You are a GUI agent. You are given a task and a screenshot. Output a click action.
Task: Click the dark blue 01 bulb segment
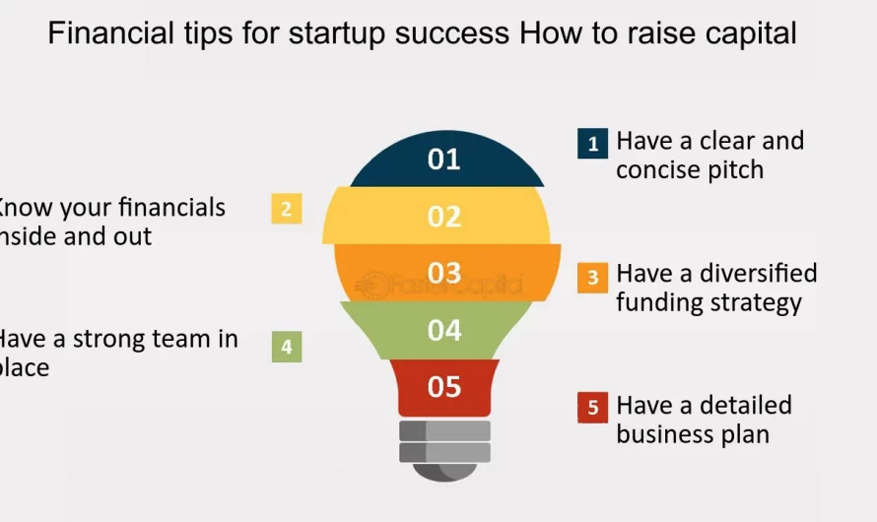point(444,160)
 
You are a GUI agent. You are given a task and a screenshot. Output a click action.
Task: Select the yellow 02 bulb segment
point(444,216)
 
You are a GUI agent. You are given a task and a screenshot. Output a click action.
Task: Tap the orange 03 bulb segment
point(444,272)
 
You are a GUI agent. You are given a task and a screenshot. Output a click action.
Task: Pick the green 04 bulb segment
point(444,330)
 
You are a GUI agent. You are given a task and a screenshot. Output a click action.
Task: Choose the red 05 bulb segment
point(444,387)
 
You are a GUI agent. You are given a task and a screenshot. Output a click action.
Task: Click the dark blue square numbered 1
point(592,144)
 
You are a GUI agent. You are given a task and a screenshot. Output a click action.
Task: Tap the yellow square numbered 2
point(286,209)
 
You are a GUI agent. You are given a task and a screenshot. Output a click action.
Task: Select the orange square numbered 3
point(592,278)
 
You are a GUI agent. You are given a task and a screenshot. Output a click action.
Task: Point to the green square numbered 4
point(286,347)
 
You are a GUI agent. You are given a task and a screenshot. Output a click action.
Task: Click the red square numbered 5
point(592,408)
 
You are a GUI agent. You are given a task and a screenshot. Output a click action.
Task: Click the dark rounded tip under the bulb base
point(444,471)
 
